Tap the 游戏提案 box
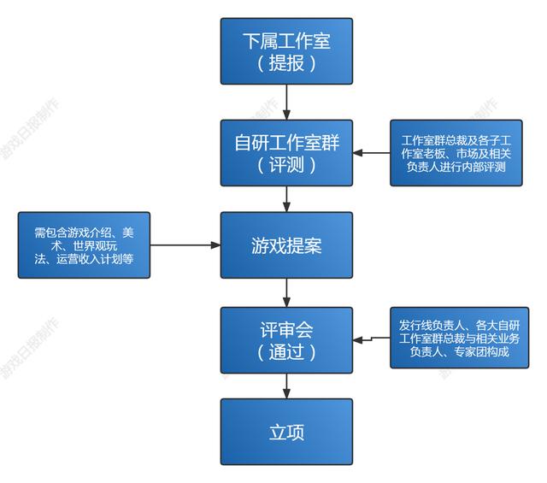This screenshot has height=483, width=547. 286,245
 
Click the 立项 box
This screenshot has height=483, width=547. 286,431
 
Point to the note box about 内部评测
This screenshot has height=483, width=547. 456,153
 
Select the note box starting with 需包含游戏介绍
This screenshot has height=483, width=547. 84,245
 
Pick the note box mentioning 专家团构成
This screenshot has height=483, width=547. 459,338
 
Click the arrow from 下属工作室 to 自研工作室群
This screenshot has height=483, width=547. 286,102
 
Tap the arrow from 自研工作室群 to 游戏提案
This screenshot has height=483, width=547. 286,199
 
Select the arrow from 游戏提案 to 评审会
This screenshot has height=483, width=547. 286,292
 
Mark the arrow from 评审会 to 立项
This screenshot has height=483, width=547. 286,386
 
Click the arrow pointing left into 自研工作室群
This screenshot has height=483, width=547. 372,153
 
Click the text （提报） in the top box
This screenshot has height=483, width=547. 286,63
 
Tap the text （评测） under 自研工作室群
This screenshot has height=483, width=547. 286,165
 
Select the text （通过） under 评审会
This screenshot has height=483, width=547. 286,351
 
